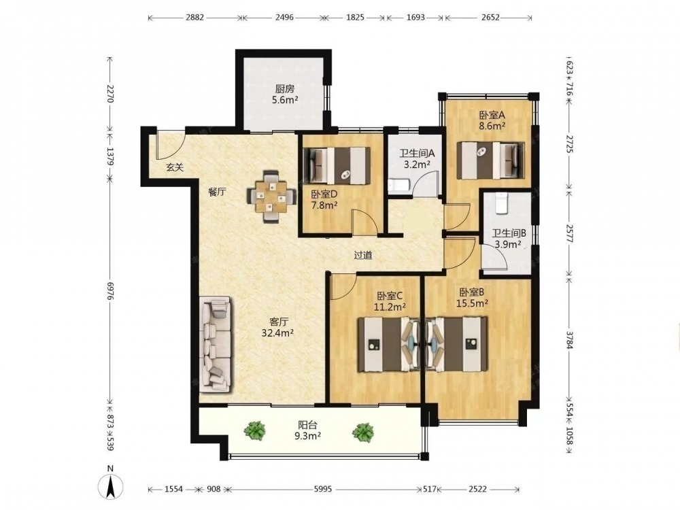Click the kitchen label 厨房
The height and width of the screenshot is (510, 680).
[284, 89]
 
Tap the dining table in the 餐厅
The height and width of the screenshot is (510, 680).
[271, 197]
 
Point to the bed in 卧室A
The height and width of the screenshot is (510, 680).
[491, 160]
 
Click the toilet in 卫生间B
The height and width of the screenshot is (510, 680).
[501, 202]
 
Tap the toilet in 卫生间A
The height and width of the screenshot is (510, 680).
[397, 185]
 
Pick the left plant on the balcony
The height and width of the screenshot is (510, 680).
[254, 430]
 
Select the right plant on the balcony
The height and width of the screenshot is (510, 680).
[362, 432]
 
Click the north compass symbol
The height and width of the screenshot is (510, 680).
[111, 483]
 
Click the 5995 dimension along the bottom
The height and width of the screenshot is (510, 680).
[322, 489]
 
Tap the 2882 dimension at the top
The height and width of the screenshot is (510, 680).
[194, 18]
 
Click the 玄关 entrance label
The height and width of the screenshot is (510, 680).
[175, 167]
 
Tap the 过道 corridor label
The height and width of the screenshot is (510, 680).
[363, 256]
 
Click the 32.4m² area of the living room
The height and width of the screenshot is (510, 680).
[278, 333]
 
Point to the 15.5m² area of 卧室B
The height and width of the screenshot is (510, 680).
[473, 303]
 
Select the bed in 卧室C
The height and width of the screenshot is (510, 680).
[390, 345]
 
